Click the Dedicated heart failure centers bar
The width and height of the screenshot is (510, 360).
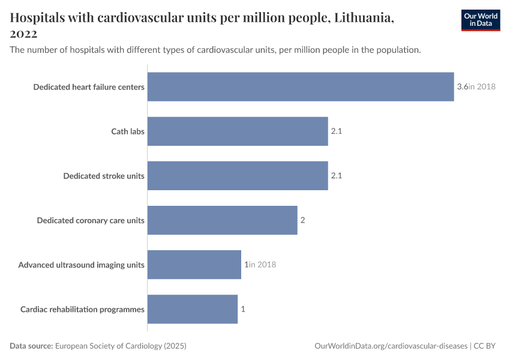300,87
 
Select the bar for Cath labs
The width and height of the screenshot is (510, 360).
238,131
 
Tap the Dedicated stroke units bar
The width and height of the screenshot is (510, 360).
238,176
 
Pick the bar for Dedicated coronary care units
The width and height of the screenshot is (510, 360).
222,220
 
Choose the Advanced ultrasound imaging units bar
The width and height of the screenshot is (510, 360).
194,265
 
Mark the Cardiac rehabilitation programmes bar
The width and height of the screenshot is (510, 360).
192,309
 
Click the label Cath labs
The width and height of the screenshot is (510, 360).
128,131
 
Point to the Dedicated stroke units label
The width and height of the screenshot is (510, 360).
104,176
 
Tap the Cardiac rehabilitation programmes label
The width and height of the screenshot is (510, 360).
82,310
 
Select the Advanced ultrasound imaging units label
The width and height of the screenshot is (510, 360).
81,265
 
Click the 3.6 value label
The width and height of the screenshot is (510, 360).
462,87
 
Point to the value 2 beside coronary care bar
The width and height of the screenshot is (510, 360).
303,220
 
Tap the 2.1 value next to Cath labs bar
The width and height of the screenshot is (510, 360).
336,131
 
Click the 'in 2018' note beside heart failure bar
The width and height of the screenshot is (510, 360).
482,87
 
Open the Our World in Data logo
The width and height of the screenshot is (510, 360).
481,20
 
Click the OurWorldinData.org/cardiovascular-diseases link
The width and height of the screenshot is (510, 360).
391,346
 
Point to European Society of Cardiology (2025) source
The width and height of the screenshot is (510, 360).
121,346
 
